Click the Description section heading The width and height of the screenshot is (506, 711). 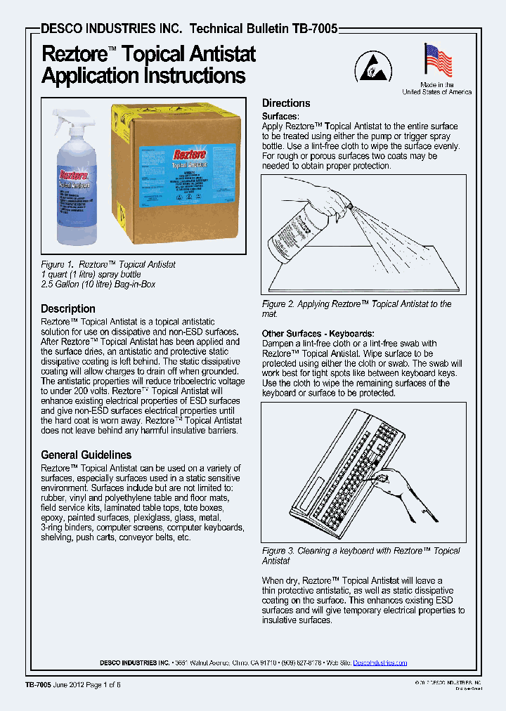68,308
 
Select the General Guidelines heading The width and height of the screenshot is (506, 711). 86,455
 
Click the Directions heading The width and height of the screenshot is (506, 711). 286,103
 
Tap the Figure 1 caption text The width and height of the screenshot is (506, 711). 108,274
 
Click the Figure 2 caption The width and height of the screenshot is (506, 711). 356,308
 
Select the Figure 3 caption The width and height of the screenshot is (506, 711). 361,556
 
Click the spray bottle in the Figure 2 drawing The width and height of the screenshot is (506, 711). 299,232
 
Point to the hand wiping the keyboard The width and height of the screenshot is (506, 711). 401,485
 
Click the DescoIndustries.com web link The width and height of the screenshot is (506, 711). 379,663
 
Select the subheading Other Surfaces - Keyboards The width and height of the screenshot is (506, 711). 318,333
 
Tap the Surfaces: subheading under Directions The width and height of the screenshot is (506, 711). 280,116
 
